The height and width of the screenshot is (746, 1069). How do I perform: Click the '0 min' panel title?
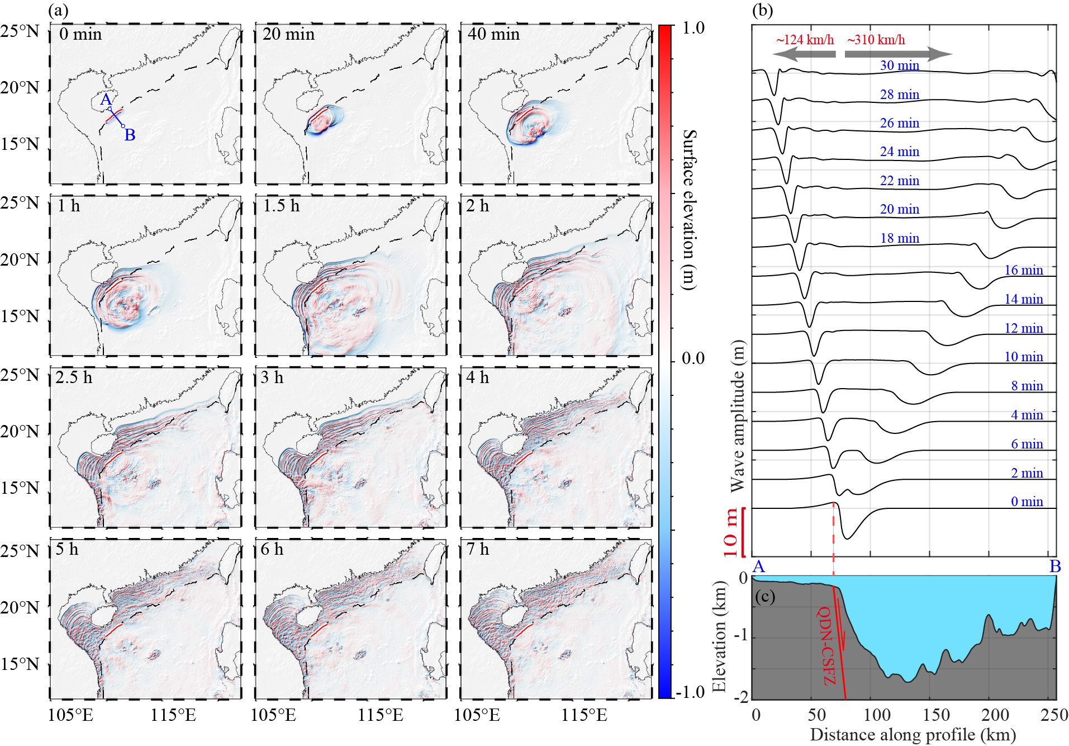[80, 35]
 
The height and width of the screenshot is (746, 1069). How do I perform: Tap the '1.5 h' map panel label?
[281, 206]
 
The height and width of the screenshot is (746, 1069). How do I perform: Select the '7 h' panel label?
[477, 549]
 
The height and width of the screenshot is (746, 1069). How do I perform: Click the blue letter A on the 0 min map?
[106, 100]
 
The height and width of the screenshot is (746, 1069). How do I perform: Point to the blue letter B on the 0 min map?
[130, 135]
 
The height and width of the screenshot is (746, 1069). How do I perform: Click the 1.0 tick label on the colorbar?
[693, 28]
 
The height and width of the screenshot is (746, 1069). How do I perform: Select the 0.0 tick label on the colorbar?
[693, 358]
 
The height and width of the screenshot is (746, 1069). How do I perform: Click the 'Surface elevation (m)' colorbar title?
[691, 210]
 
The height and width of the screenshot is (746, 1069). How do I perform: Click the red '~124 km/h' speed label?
[805, 40]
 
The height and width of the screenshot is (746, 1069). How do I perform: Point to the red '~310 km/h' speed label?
[876, 40]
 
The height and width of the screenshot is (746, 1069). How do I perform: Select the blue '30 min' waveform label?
[899, 65]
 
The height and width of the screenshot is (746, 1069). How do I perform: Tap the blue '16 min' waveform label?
[1023, 270]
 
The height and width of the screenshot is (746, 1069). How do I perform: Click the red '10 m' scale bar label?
[730, 532]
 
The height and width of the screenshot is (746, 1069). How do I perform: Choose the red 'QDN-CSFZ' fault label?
[826, 646]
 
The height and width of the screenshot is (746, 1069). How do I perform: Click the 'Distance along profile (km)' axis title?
[913, 735]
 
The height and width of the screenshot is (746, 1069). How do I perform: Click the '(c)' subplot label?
[765, 597]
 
